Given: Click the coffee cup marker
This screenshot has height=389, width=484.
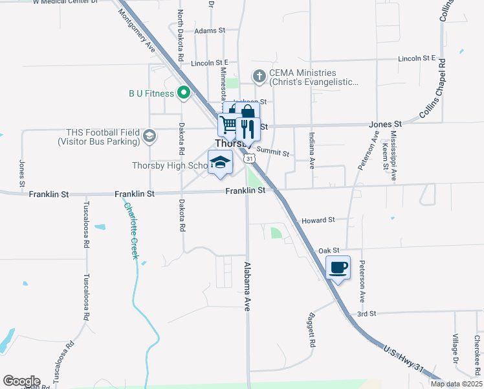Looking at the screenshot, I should (x=338, y=267).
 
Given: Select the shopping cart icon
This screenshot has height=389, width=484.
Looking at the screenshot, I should (x=228, y=124).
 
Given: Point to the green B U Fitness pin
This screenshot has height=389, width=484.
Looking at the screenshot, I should (x=183, y=93).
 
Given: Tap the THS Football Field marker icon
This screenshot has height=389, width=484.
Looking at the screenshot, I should (x=149, y=135).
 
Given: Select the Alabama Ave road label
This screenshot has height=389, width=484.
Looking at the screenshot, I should (x=247, y=287).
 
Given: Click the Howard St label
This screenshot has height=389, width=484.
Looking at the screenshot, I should (x=318, y=220).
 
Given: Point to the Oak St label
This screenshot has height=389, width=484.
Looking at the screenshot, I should (x=329, y=250).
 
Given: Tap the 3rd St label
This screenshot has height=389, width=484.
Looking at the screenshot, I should (x=366, y=314).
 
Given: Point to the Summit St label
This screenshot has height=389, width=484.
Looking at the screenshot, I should (x=272, y=152).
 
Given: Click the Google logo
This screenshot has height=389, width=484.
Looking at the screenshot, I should (x=21, y=381).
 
